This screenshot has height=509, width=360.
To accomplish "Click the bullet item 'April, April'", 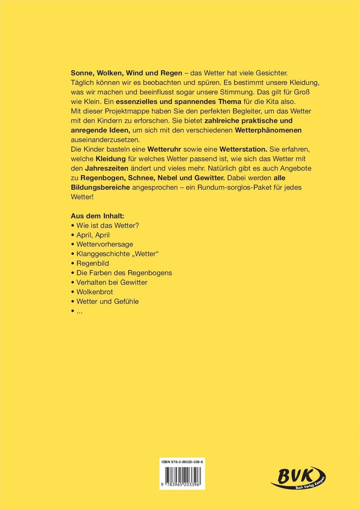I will (90, 234).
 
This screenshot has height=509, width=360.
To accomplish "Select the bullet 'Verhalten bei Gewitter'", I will (112, 282).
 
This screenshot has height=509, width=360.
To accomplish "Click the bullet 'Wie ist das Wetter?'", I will (107, 225).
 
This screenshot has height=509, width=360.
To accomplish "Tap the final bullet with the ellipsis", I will (77, 311).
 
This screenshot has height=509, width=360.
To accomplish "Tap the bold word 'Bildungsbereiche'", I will (97, 188).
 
